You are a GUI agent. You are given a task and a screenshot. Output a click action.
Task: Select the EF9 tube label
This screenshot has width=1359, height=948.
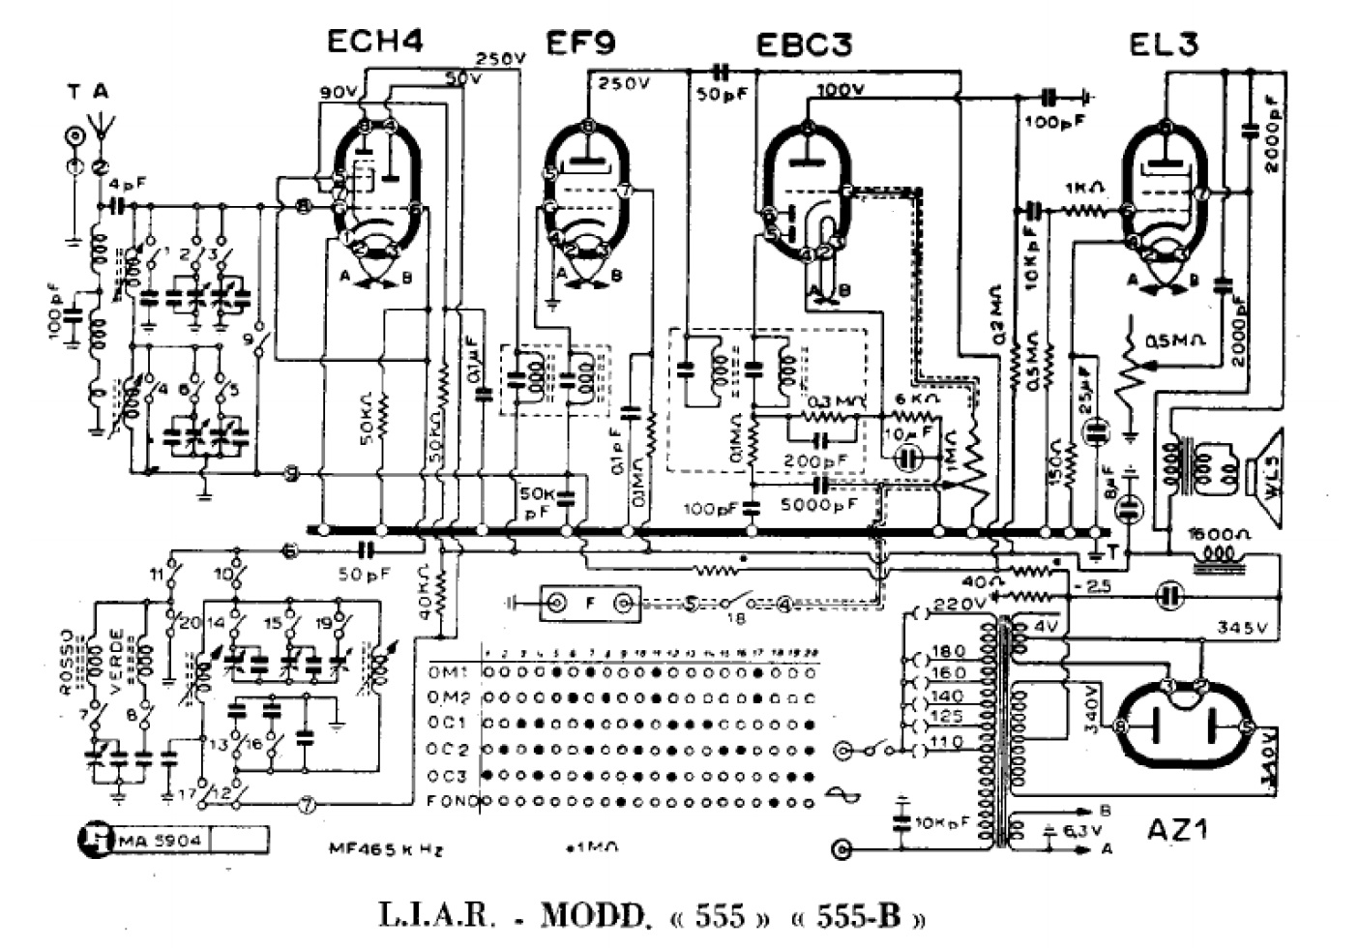(x=580, y=43)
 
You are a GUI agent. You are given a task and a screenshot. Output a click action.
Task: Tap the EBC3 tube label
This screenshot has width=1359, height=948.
(x=804, y=44)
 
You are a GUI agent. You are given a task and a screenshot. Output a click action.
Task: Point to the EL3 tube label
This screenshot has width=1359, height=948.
(x=1164, y=44)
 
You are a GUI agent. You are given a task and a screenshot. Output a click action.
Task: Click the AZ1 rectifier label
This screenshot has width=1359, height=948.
(x=1178, y=828)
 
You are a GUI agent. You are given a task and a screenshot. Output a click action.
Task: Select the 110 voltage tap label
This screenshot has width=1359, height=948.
(x=945, y=742)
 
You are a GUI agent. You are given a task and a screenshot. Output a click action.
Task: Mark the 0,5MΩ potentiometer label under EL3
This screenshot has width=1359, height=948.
(x=1174, y=341)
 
